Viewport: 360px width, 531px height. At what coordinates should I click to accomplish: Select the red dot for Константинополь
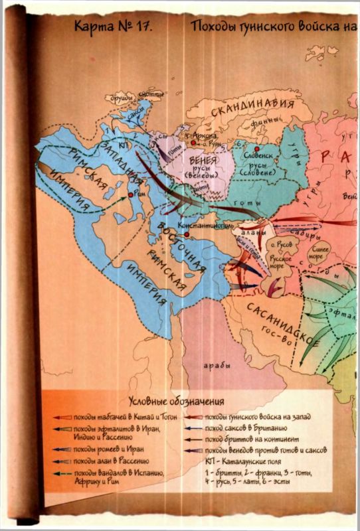(x=187, y=234)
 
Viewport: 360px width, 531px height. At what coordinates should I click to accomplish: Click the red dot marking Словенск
(x=254, y=149)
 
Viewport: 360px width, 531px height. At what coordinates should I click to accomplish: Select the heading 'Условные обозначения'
(x=175, y=402)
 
